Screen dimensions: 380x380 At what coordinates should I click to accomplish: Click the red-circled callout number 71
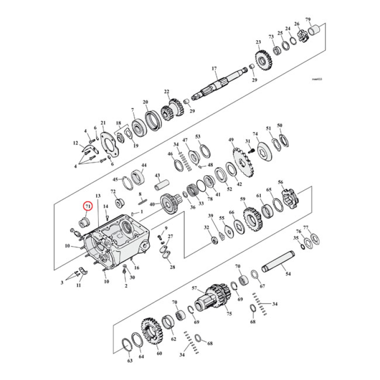pos(87,206)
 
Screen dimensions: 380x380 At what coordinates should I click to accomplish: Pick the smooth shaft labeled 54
pos(275,263)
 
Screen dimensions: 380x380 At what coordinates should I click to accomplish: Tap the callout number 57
pos(194,288)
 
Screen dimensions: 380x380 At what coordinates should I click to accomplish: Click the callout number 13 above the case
pos(98,196)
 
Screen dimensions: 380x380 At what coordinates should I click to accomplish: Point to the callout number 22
pos(167,92)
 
